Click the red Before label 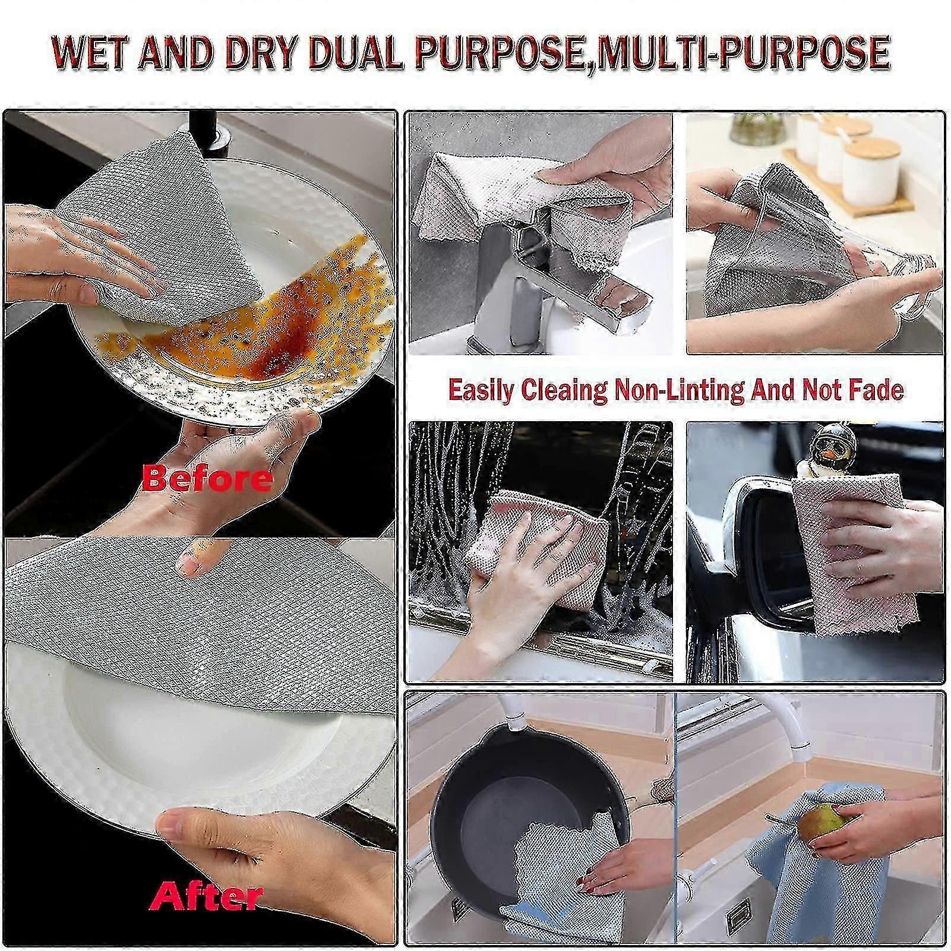206,478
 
